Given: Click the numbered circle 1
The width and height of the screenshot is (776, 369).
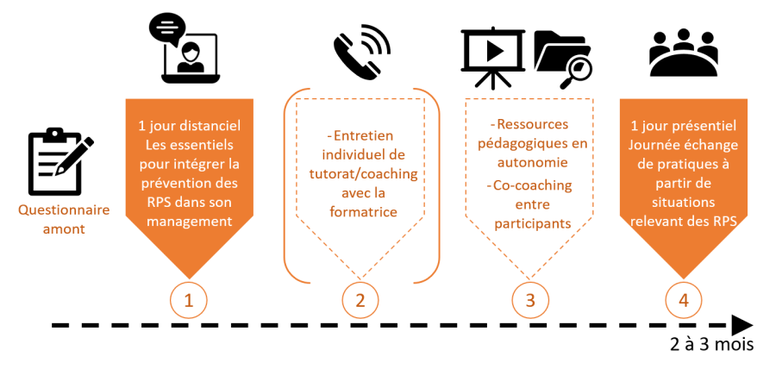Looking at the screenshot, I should [188, 299].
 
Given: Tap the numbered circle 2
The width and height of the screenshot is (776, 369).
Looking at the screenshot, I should [360, 299].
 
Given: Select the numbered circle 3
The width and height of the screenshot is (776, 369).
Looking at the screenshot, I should [529, 299].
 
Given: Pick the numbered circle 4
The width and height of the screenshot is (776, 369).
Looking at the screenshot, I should [683, 299].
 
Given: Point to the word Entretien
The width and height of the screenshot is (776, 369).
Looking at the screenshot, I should [362, 136].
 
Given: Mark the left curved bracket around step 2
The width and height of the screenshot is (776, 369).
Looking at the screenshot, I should [290, 185].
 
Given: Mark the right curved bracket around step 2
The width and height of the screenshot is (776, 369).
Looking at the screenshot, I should [434, 185].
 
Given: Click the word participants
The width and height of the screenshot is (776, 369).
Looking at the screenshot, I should [529, 223].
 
